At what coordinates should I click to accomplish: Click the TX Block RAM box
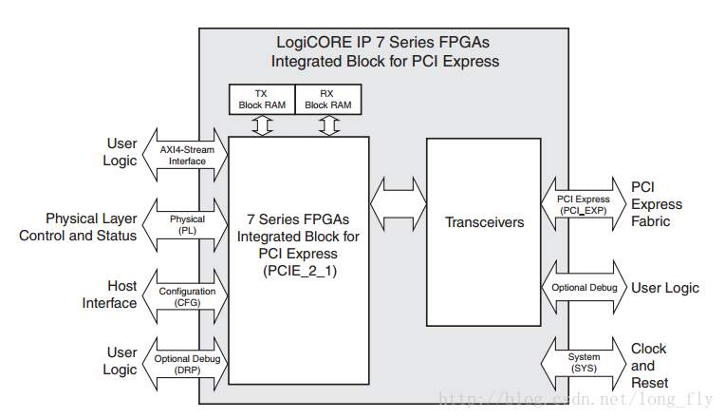[x=262, y=99]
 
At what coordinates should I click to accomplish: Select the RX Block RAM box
[x=329, y=99]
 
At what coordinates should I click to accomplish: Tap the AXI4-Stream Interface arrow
[x=187, y=155]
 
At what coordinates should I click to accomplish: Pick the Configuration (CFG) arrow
[x=187, y=297]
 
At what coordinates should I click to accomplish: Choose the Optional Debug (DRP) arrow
[x=187, y=364]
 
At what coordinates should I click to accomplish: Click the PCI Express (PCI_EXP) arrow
[x=583, y=203]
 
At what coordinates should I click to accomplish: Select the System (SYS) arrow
[x=583, y=363]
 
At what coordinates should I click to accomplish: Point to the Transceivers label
[x=484, y=222]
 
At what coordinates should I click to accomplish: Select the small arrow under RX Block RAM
[x=329, y=124]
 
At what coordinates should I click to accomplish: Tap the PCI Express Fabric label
[x=657, y=204]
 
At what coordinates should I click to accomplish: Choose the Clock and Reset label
[x=649, y=366]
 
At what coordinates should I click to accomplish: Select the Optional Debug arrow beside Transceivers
[x=583, y=287]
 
